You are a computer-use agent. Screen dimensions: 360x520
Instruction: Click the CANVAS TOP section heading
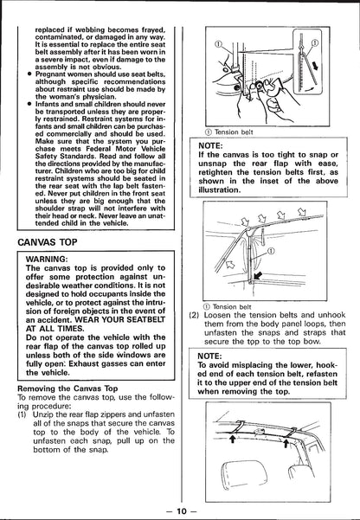pos(47,242)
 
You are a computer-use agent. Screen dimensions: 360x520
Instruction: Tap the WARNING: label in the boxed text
pos(47,259)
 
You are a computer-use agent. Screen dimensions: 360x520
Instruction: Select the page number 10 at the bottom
pos(182,511)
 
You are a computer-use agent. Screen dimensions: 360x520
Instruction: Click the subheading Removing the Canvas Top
pos(67,388)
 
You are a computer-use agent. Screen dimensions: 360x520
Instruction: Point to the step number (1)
pos(22,414)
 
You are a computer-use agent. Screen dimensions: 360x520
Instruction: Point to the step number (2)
pos(194,315)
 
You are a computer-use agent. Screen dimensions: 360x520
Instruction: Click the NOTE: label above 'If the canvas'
pos(210,145)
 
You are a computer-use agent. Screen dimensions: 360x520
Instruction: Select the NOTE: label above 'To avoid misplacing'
pos(209,356)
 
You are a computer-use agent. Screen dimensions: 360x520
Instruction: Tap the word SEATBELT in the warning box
pos(146,319)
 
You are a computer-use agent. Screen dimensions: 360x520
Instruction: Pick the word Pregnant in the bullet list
pos(49,74)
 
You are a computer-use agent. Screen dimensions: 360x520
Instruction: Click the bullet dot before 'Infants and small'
pos(29,104)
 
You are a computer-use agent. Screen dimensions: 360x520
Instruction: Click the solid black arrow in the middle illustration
pos(258,275)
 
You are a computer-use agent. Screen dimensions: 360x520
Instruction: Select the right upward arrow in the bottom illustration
pos(286,443)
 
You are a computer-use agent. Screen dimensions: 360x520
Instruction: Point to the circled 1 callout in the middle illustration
pos(271,251)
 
